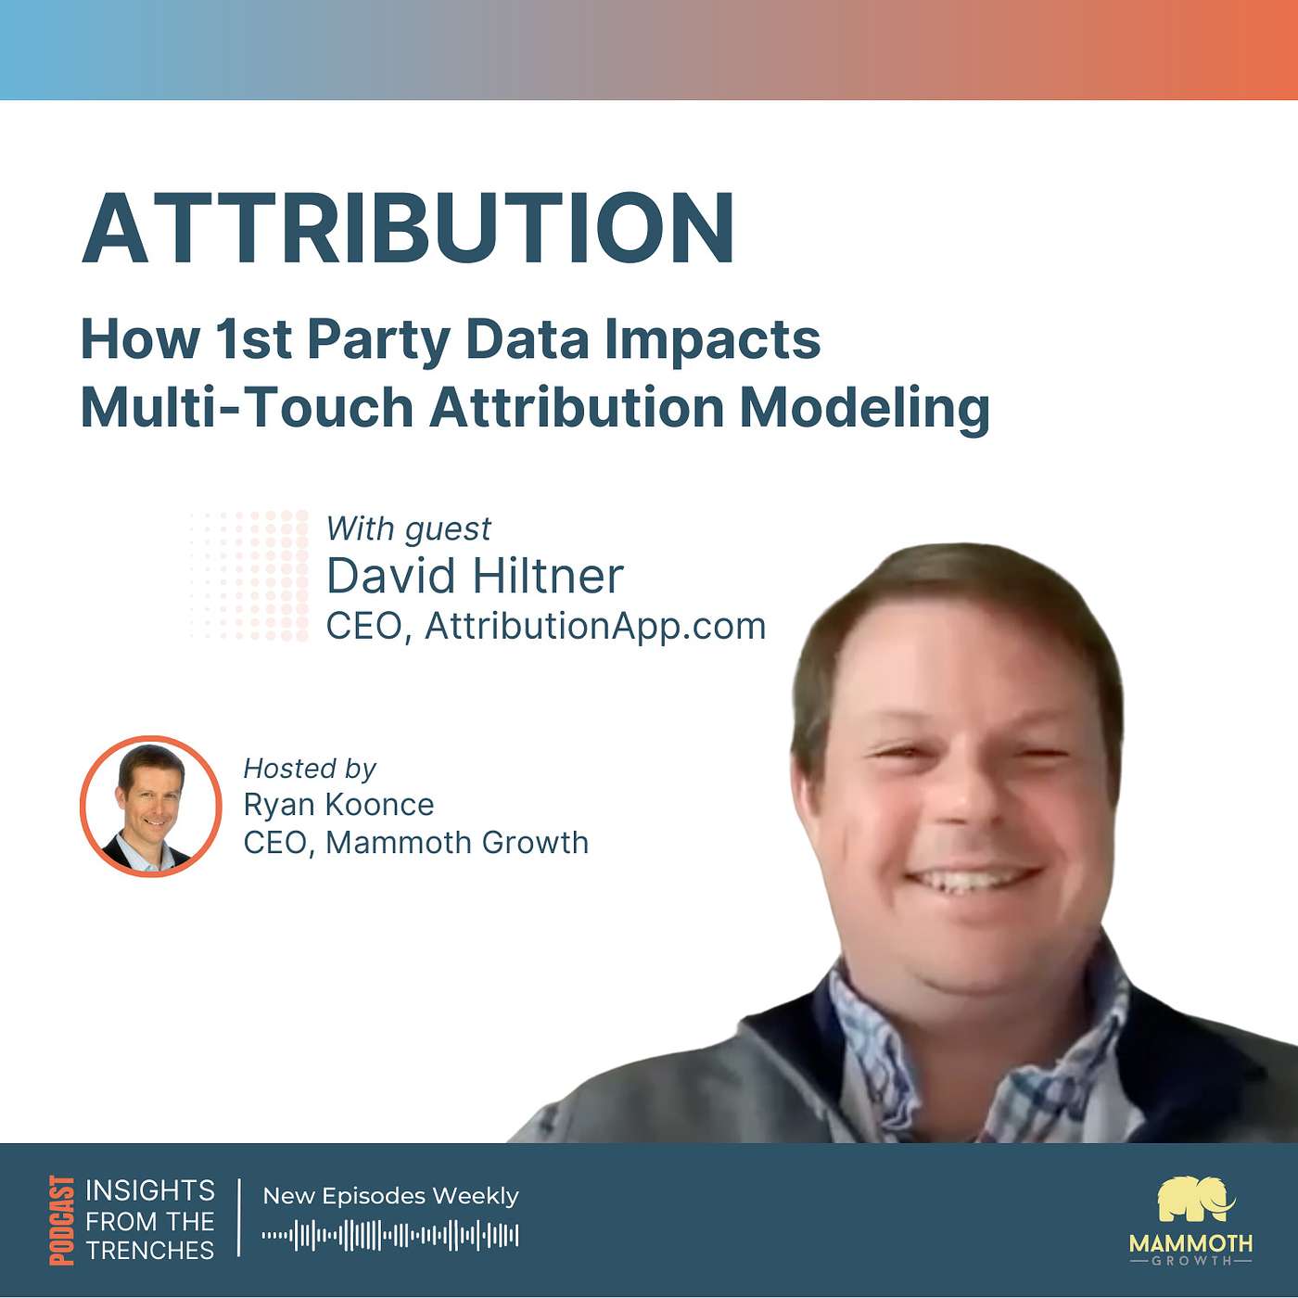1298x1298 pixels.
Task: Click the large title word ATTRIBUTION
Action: (408, 228)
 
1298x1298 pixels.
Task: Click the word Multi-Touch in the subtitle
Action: (247, 408)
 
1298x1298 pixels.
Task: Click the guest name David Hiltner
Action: (475, 577)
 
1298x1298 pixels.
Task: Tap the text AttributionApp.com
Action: (595, 628)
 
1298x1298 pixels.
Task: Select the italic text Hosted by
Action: (309, 770)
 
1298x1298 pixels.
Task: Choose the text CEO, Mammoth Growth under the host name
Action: (415, 843)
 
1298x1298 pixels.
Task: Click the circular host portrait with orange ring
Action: (151, 807)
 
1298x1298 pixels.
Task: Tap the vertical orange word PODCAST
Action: (62, 1220)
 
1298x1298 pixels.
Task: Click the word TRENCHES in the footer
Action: (149, 1251)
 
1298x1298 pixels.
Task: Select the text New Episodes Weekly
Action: (390, 1196)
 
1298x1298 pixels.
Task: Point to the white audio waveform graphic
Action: (390, 1235)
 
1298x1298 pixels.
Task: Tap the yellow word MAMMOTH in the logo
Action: (1190, 1242)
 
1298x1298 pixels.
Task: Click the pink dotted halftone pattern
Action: (249, 576)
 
